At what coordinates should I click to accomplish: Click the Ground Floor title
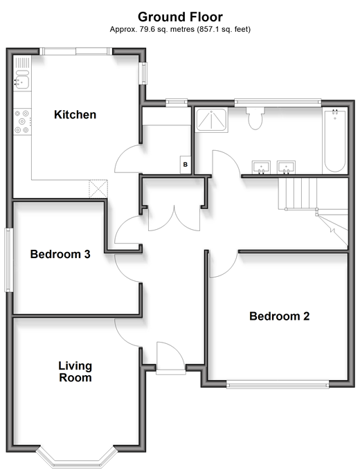pos(180,17)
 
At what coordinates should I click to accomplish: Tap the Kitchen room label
pos(75,115)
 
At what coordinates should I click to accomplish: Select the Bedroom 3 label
pos(60,254)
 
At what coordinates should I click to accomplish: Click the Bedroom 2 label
pos(279,316)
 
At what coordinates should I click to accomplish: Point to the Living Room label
pos(75,372)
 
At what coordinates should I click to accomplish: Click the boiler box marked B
pos(186,164)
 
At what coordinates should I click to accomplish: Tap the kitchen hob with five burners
pos(22,122)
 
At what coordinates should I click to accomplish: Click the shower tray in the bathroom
pos(211,120)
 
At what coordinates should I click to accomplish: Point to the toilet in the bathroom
pos(255,118)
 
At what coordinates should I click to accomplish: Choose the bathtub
pos(334,140)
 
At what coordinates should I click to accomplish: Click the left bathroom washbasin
pos(261,167)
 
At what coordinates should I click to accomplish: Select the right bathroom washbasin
pos(286,167)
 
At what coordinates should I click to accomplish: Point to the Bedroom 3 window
pos(9,260)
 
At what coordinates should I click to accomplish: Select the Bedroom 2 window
pos(278,384)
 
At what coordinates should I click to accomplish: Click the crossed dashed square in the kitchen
pos(98,188)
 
